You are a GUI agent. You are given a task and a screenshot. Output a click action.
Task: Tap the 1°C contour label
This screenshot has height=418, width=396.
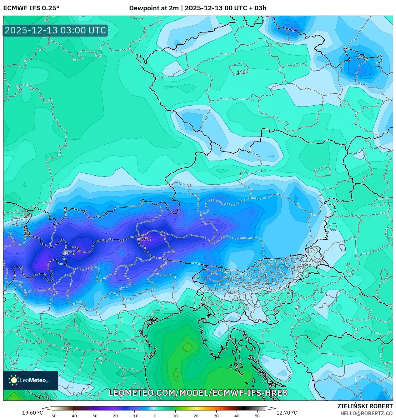(x=241, y=72)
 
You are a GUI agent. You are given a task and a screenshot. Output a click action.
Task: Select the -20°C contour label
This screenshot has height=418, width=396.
(x=144, y=239)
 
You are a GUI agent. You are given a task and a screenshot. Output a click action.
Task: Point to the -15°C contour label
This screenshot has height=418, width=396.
(x=68, y=252)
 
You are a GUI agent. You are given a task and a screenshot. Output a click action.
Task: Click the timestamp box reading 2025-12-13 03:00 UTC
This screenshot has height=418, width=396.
(x=55, y=30)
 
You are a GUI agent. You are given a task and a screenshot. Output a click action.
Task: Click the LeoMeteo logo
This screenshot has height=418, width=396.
(x=31, y=380)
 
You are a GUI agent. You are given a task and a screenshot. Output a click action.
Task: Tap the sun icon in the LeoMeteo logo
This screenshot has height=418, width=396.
(x=14, y=380)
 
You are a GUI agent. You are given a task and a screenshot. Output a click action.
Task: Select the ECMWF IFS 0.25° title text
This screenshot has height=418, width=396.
(x=31, y=8)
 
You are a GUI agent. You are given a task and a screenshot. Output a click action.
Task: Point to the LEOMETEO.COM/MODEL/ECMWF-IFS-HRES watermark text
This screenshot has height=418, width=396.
(x=198, y=393)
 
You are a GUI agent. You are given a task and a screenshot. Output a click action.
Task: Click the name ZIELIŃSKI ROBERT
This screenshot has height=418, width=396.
(x=365, y=406)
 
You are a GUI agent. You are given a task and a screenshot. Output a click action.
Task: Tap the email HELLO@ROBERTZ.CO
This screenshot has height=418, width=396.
(x=366, y=413)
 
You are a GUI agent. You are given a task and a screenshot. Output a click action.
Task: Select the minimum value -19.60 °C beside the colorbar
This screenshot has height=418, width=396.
(x=31, y=413)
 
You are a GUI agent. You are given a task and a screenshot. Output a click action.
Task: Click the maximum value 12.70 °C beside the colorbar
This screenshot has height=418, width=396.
(x=287, y=413)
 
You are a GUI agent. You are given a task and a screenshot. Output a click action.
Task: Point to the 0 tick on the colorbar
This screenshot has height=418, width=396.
(x=155, y=416)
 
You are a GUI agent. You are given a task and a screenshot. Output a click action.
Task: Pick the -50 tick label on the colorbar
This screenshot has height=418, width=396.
(x=53, y=416)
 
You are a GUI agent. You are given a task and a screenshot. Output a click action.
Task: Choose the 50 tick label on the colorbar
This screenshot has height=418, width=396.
(x=257, y=416)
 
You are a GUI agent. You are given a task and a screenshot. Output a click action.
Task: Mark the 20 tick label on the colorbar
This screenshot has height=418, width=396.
(x=196, y=416)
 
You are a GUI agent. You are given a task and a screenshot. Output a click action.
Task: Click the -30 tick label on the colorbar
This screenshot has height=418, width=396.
(x=94, y=416)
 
